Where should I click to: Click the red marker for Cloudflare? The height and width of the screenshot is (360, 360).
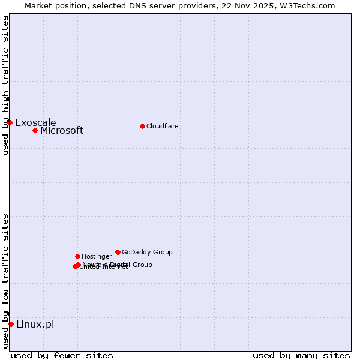[142, 126]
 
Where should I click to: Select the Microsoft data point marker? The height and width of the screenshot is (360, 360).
[35, 130]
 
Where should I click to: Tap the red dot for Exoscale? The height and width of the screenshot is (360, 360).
[10, 122]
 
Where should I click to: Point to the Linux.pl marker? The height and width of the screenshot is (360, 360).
[11, 324]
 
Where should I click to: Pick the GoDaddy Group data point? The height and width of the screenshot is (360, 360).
[118, 252]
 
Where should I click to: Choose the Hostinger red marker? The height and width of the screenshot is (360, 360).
[77, 256]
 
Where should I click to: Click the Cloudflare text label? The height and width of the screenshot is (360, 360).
[163, 126]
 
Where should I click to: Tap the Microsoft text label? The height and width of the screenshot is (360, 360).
[62, 131]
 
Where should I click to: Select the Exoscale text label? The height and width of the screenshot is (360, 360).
[35, 123]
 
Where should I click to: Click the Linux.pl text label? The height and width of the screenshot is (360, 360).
[35, 325]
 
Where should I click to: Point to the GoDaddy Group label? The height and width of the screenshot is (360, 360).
[147, 252]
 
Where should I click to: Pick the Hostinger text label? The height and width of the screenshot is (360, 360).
[97, 256]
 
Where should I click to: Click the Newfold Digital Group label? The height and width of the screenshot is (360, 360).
[118, 265]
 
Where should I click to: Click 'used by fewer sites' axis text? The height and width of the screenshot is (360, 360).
[62, 355]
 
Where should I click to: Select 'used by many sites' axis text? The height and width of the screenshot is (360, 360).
[301, 355]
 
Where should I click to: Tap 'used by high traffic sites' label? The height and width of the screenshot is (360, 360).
[5, 85]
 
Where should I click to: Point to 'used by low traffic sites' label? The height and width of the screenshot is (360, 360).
[5, 281]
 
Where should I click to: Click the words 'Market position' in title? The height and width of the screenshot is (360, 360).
[54, 5]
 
